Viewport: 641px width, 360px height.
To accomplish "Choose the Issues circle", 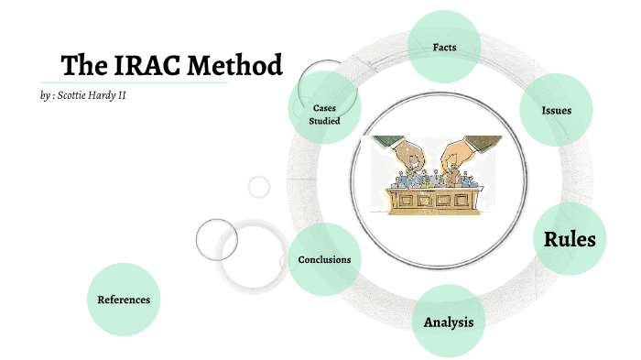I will click(x=557, y=110).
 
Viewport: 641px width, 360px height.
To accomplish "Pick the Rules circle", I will click(x=570, y=239).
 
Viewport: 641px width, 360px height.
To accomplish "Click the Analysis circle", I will click(x=448, y=322).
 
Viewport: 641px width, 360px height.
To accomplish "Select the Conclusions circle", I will click(x=324, y=259).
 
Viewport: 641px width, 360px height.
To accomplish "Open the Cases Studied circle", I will click(x=324, y=114).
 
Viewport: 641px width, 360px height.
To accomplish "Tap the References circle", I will click(x=124, y=300).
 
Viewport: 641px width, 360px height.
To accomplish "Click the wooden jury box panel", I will click(x=430, y=202).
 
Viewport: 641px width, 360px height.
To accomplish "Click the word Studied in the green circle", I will click(x=324, y=121).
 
